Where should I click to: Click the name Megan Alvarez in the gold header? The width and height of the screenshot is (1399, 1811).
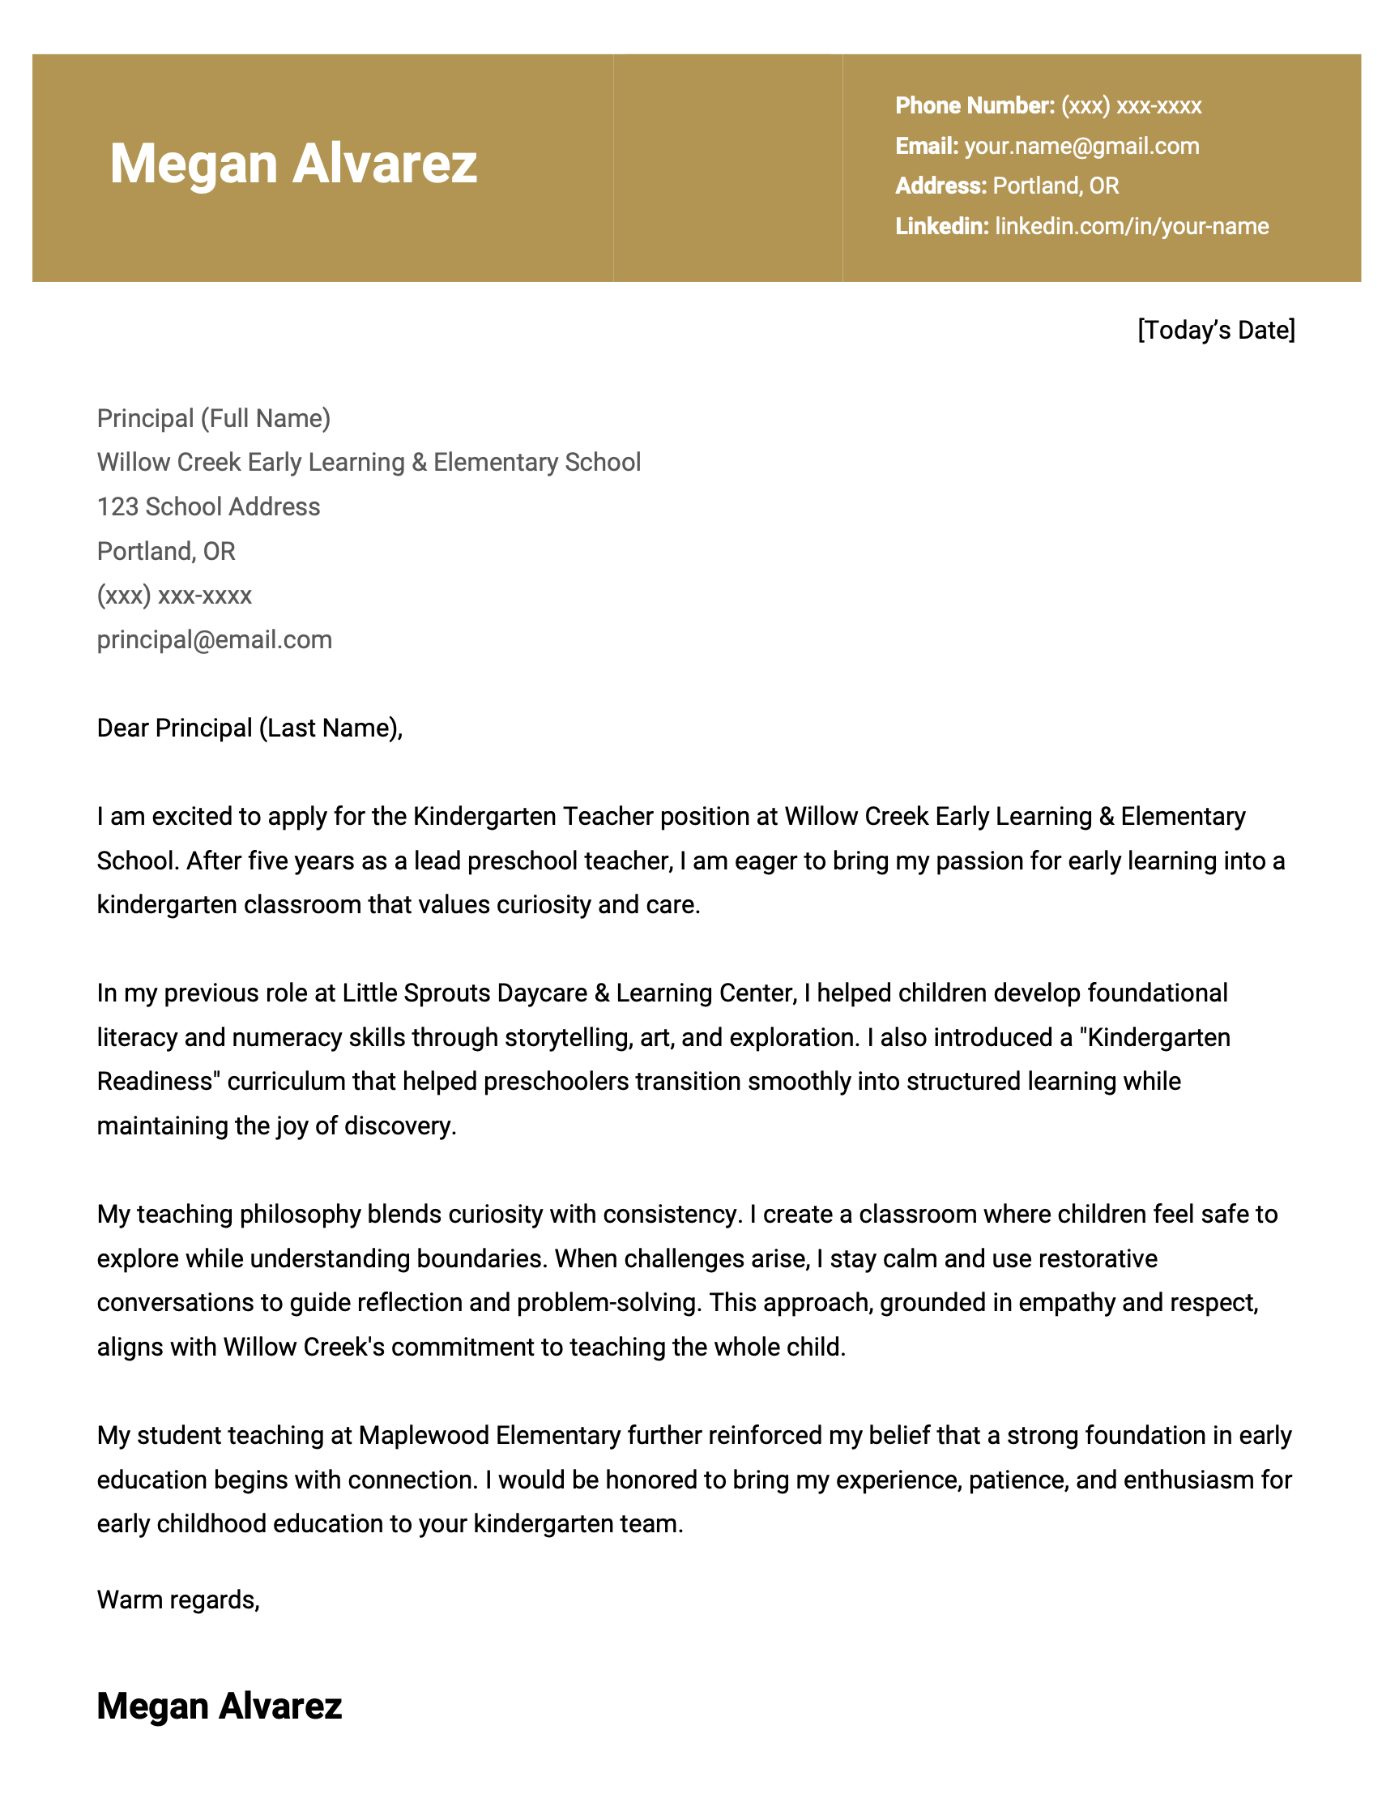tap(292, 164)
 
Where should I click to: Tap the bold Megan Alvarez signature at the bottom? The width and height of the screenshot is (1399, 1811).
tap(219, 1705)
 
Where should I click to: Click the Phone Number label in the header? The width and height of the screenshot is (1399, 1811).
tap(974, 105)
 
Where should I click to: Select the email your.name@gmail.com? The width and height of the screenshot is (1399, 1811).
tap(1081, 146)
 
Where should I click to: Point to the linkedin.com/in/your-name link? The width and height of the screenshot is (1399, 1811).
tap(1132, 226)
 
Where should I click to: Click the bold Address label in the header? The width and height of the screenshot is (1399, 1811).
tap(940, 186)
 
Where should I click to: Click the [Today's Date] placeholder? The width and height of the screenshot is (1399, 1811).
tap(1215, 330)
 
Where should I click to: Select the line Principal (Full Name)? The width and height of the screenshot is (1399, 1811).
tap(213, 418)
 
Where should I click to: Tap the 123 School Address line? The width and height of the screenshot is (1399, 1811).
tap(208, 506)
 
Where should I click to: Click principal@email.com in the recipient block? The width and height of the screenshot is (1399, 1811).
tap(214, 639)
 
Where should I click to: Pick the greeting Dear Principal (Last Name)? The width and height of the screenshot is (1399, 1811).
tap(250, 728)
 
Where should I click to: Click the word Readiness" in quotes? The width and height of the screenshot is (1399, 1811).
tap(158, 1081)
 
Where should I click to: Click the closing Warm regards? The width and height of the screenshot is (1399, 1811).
tap(178, 1600)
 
